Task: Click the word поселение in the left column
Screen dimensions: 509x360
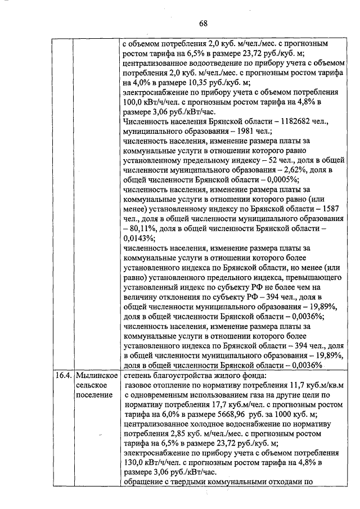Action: [x=94, y=396]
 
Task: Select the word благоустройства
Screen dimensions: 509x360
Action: [x=184, y=376]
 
